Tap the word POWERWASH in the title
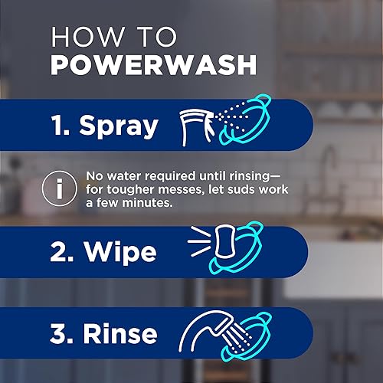click(152, 64)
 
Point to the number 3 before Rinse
click(61, 334)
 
